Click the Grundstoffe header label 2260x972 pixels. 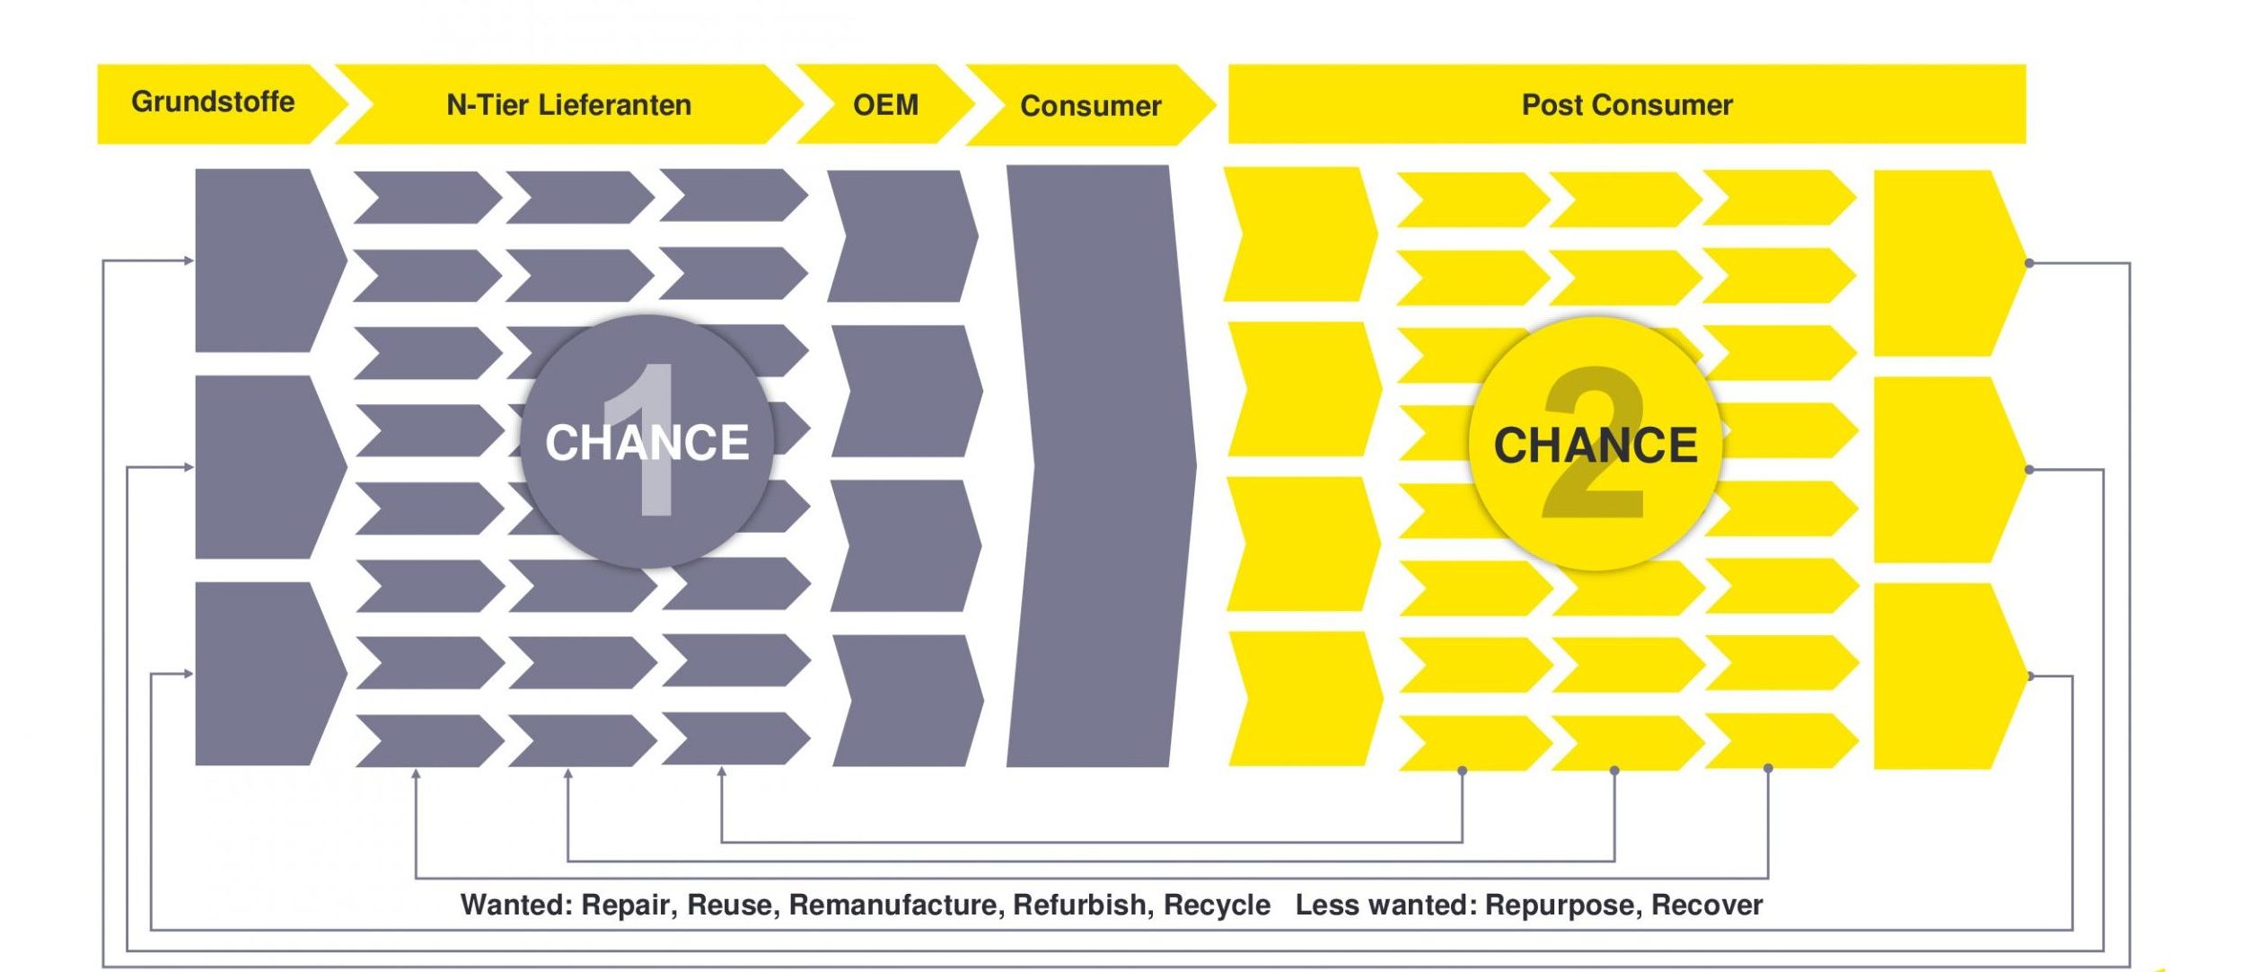pyautogui.click(x=213, y=102)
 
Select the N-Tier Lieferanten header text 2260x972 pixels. pyautogui.click(x=569, y=105)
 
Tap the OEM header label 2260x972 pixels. pyautogui.click(x=885, y=105)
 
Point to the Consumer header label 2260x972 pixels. pyautogui.click(x=1091, y=106)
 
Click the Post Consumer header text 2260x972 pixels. pyautogui.click(x=1627, y=105)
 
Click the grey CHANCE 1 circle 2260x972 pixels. pyautogui.click(x=646, y=441)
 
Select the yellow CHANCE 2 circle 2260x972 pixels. pyautogui.click(x=1596, y=444)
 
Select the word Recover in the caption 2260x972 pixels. pyautogui.click(x=1707, y=905)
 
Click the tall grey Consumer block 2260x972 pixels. pyautogui.click(x=1100, y=465)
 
